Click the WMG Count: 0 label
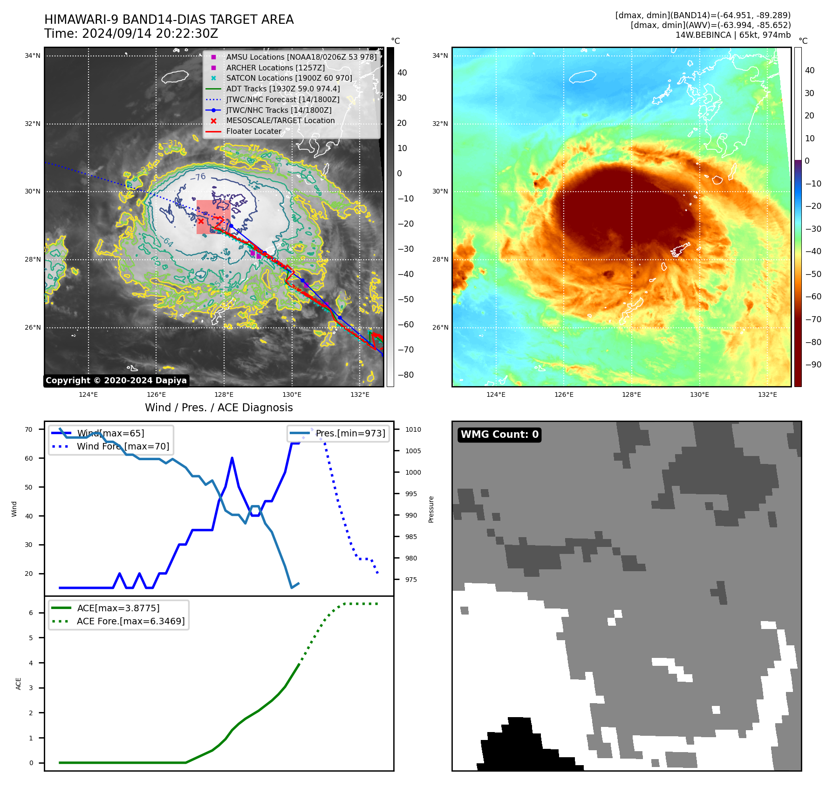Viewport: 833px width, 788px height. (x=499, y=435)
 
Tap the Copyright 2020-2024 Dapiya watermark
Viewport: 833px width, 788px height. (x=116, y=380)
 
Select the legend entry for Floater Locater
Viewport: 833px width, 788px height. (x=253, y=131)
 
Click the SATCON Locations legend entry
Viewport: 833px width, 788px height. (x=289, y=78)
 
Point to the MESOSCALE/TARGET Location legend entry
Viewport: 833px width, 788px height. (x=280, y=121)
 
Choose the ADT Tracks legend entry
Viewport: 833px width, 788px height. (x=283, y=89)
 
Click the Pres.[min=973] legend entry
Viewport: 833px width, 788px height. (x=350, y=434)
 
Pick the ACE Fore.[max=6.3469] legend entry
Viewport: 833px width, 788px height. (x=130, y=622)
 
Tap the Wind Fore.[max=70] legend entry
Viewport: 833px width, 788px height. (x=123, y=447)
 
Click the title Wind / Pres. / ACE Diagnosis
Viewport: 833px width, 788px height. (x=218, y=408)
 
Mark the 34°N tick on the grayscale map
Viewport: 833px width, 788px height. (x=33, y=56)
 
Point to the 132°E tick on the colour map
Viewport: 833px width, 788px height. (x=767, y=395)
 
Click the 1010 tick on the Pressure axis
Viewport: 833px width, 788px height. (x=413, y=430)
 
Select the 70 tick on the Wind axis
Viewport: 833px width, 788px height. (x=29, y=430)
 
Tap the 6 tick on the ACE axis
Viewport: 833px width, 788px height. (x=31, y=613)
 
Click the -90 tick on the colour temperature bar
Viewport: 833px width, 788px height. (x=813, y=365)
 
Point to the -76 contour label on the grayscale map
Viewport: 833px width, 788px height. (x=198, y=177)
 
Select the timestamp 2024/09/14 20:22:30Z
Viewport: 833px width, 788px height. (x=150, y=34)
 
